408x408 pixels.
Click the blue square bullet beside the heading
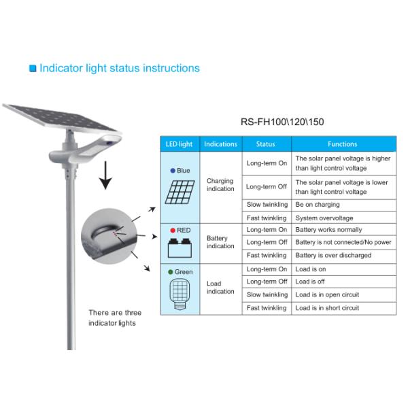[32, 69]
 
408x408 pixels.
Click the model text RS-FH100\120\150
[282, 123]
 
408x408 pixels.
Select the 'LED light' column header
[180, 144]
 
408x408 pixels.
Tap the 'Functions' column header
[342, 144]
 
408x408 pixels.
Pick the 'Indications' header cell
[221, 144]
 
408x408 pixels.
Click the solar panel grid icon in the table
[180, 192]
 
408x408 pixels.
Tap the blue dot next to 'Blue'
[172, 171]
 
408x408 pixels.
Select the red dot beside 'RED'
[172, 231]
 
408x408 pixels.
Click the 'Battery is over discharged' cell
[333, 255]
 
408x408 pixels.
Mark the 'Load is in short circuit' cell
[327, 308]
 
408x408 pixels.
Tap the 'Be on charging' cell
[318, 205]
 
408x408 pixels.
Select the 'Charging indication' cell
[220, 185]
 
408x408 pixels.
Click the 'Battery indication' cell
[220, 242]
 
